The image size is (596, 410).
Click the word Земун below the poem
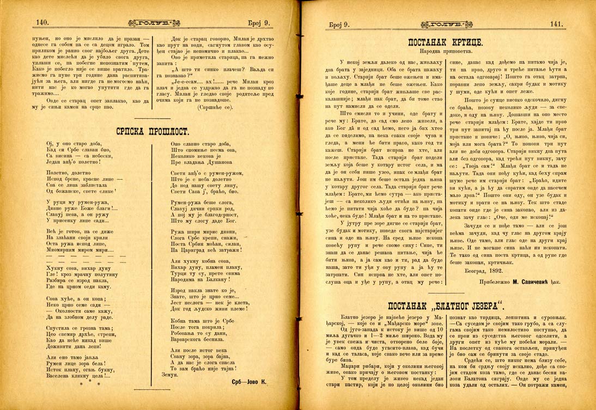tap(171, 375)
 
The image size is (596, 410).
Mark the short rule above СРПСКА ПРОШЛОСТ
tap(152, 118)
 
